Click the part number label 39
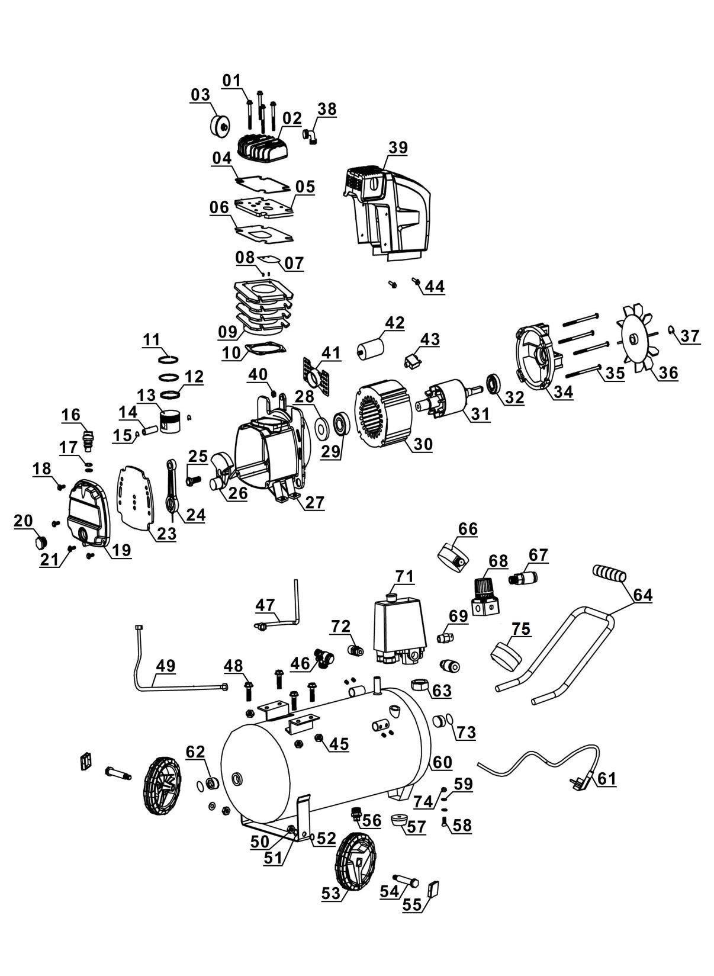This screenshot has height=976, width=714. coord(398,147)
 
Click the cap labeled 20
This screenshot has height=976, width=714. coord(40,541)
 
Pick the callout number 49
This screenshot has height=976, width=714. coord(165,666)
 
